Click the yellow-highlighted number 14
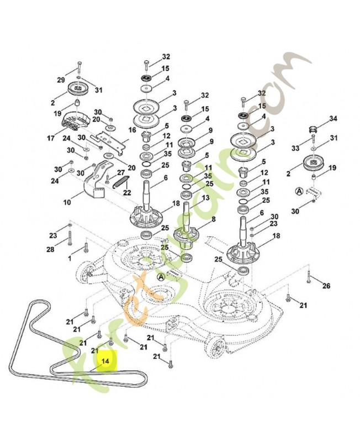click(105, 361)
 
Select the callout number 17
click(51, 139)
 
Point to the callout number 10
click(67, 202)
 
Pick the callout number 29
click(61, 80)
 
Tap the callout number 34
click(333, 118)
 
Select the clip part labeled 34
click(314, 129)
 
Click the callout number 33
click(295, 148)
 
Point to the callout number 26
click(326, 286)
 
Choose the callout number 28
click(50, 249)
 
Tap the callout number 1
click(70, 258)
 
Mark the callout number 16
click(133, 130)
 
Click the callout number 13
click(205, 198)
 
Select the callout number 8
click(213, 219)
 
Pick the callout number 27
click(121, 172)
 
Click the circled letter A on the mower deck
click(161, 277)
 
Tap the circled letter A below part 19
click(298, 191)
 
